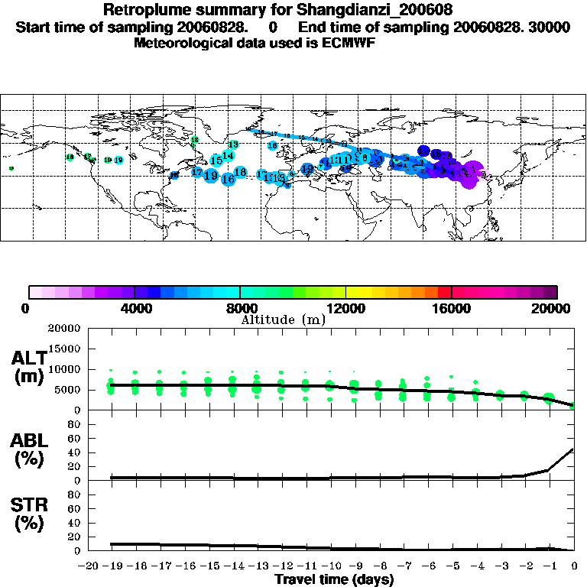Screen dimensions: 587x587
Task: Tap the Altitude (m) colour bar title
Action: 283,319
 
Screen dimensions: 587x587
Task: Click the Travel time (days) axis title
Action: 334,580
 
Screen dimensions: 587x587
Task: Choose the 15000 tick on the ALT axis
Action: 65,349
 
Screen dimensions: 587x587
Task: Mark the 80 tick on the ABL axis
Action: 74,425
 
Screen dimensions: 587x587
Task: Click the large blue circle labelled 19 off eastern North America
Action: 211,176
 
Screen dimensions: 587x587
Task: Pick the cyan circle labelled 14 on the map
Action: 228,156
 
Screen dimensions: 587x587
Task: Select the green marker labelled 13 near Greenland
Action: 233,144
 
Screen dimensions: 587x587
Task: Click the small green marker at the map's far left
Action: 11,168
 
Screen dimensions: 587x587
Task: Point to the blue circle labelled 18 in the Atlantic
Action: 240,173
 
